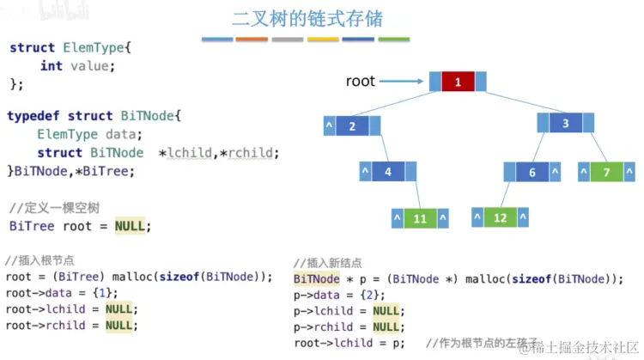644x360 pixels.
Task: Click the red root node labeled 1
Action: [458, 82]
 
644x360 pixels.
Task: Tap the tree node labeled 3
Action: [565, 123]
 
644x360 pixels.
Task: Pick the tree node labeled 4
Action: [387, 172]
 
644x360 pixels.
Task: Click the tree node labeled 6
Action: [532, 173]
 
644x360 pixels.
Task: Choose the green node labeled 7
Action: [606, 173]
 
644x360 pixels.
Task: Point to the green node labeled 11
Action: [420, 218]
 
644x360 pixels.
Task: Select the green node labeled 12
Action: [500, 218]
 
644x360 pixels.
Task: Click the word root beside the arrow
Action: [361, 82]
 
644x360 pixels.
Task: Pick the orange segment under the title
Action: [252, 40]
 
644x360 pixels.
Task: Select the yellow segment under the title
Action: [323, 40]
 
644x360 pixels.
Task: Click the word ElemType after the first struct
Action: [96, 48]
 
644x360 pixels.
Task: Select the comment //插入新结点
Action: [327, 263]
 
